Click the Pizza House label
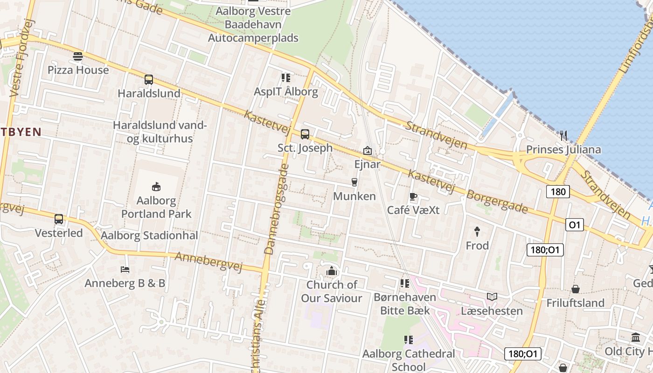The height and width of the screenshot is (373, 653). pyautogui.click(x=78, y=70)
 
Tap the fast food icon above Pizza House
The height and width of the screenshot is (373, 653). pyautogui.click(x=78, y=57)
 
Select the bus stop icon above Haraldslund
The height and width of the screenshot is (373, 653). pyautogui.click(x=149, y=80)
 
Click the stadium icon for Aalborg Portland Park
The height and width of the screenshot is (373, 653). pyautogui.click(x=156, y=187)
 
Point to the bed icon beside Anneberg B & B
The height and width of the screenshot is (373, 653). pyautogui.click(x=125, y=269)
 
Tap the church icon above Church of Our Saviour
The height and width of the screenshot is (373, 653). pyautogui.click(x=332, y=271)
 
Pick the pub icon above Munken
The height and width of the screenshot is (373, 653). pyautogui.click(x=354, y=182)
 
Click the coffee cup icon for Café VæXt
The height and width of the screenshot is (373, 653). pyautogui.click(x=413, y=197)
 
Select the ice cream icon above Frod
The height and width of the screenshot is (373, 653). pyautogui.click(x=477, y=232)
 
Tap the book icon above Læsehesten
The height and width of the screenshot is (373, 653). pyautogui.click(x=492, y=297)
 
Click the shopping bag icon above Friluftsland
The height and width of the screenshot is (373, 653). pyautogui.click(x=575, y=290)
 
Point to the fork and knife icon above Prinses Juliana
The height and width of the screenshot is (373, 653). pyautogui.click(x=563, y=136)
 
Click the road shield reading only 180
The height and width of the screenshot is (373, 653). pyautogui.click(x=557, y=192)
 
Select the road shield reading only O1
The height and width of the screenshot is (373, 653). pyautogui.click(x=575, y=225)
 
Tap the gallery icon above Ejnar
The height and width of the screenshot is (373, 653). pyautogui.click(x=368, y=151)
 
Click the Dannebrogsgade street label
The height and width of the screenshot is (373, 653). pyautogui.click(x=277, y=209)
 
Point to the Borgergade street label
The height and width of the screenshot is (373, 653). pyautogui.click(x=497, y=201)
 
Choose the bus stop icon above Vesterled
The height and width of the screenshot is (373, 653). pyautogui.click(x=59, y=219)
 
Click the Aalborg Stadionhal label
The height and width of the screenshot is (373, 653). pyautogui.click(x=149, y=235)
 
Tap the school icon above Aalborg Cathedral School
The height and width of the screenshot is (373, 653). pyautogui.click(x=409, y=340)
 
